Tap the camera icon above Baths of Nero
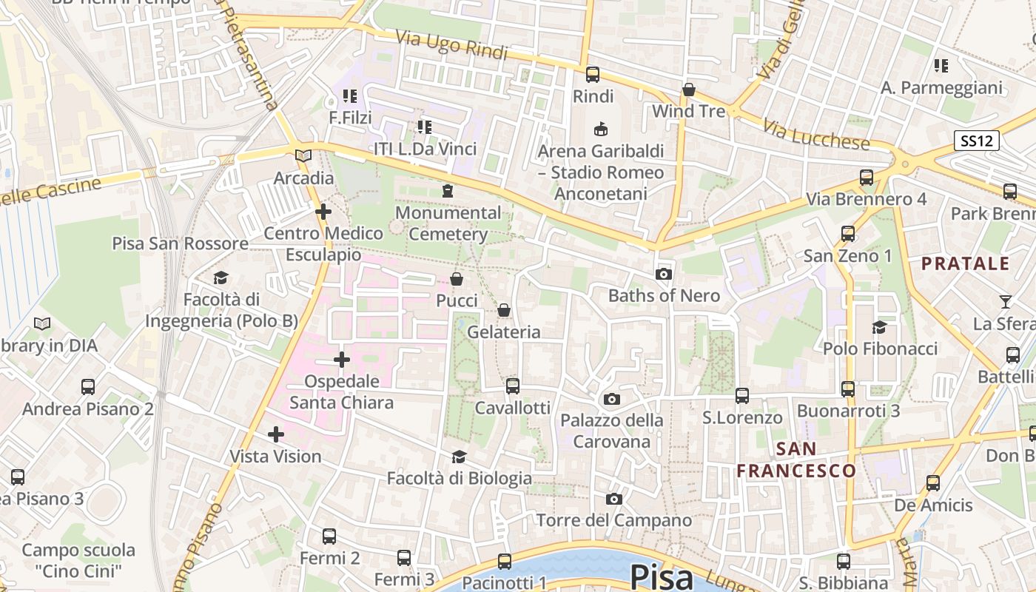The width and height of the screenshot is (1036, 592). tap(663, 275)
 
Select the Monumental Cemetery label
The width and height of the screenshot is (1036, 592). tap(448, 223)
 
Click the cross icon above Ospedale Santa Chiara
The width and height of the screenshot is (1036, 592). tap(341, 360)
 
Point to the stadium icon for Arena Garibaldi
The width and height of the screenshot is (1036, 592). tap(600, 129)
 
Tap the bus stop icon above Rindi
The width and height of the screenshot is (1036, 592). tap(593, 74)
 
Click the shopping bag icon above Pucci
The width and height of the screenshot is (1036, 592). tap(457, 279)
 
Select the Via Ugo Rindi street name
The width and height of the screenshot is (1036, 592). tap(451, 45)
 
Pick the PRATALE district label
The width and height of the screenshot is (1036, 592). tap(965, 263)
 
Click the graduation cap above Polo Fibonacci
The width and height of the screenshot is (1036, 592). tap(879, 327)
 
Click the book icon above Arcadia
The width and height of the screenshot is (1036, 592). tap(303, 155)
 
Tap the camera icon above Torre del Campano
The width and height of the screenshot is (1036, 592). tap(613, 499)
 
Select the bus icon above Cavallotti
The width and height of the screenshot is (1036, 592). tap(512, 386)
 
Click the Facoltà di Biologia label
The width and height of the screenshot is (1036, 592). tap(459, 478)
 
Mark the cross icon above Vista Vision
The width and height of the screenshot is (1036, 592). tap(275, 434)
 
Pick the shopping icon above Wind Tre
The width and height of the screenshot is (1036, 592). tap(689, 90)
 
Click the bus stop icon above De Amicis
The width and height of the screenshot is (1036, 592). tap(932, 483)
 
